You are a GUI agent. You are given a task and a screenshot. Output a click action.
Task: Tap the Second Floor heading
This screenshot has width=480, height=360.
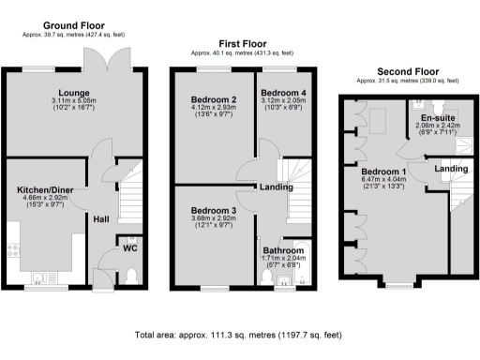point(408,71)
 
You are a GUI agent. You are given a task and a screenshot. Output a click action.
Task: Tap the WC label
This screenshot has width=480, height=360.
point(131,247)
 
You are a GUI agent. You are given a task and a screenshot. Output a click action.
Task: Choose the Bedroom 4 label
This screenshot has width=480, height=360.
point(282,94)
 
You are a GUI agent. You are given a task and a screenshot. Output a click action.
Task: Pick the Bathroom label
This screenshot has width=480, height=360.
point(282,251)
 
